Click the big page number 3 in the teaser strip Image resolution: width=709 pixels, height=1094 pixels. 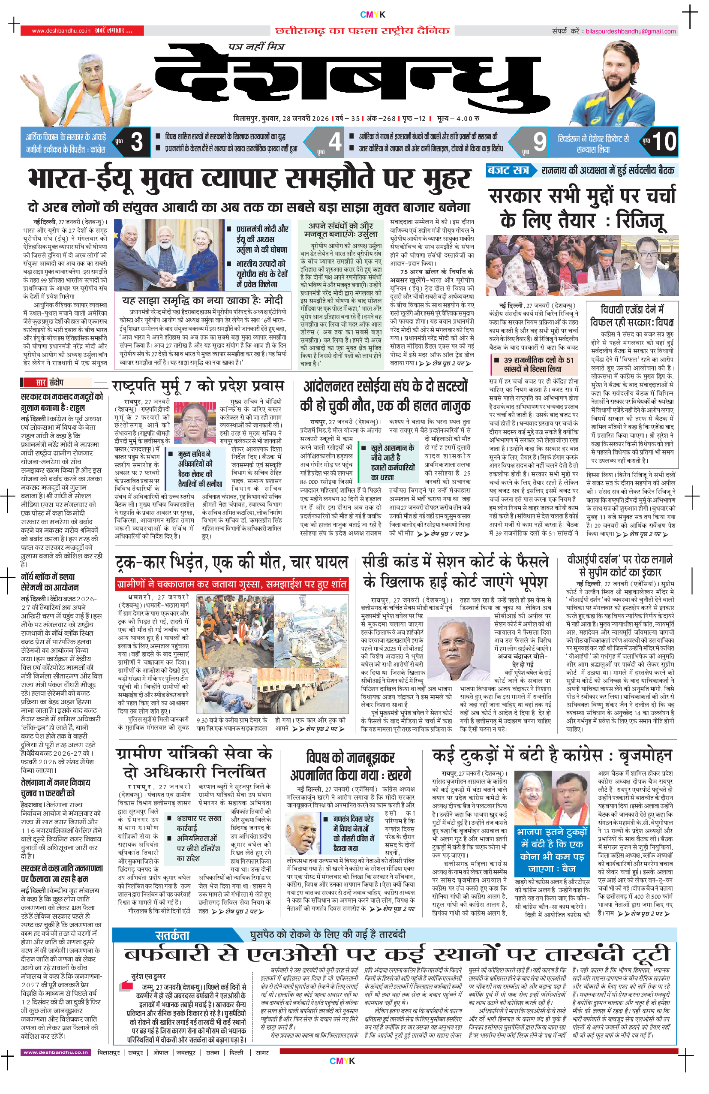click(136, 142)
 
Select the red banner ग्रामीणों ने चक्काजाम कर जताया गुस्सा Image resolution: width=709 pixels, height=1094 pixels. click(231, 584)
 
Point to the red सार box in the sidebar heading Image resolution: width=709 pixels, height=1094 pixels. click(41, 383)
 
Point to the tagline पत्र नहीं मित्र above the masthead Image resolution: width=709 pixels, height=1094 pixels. click(256, 46)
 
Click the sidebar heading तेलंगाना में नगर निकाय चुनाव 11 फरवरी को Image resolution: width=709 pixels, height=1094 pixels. click(56, 787)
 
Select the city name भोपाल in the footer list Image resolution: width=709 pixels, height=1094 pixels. click(161, 1053)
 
